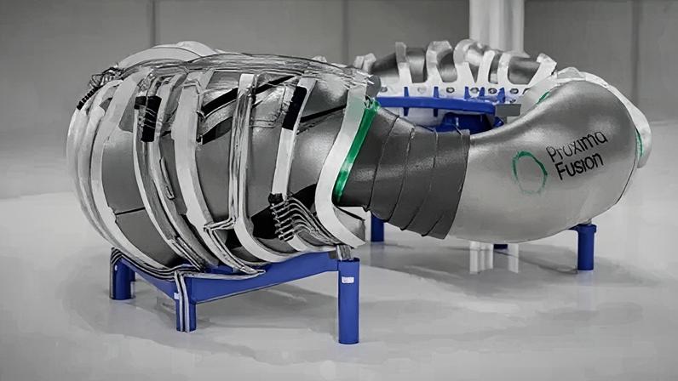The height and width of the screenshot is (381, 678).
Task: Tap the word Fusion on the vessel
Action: click(579, 166)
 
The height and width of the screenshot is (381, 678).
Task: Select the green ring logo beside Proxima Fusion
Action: click(529, 172)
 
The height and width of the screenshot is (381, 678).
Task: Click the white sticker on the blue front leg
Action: click(348, 281)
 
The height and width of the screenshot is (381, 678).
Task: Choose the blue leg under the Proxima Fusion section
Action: click(586, 247)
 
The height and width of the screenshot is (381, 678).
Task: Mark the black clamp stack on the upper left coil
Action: click(148, 117)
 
